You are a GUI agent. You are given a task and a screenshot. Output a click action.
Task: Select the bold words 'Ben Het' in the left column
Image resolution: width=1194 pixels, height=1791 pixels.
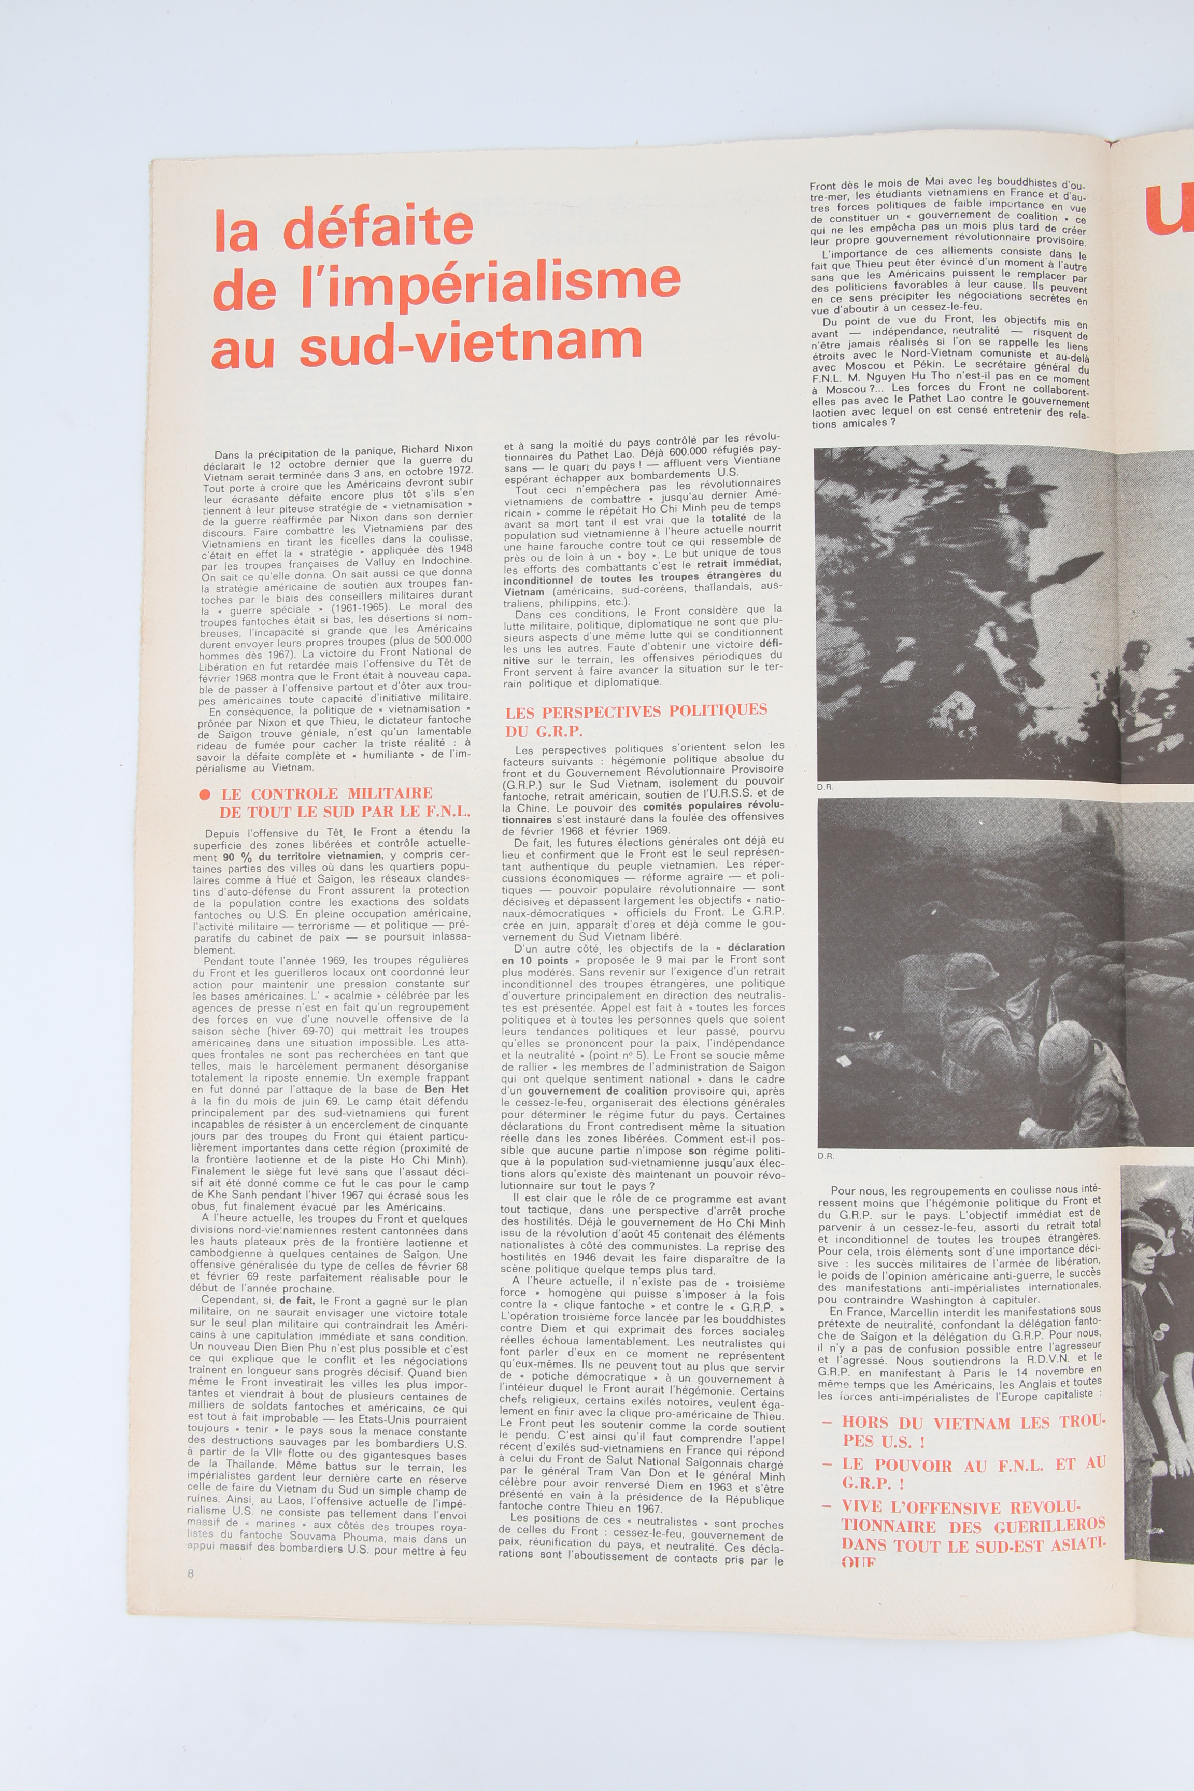point(446,1089)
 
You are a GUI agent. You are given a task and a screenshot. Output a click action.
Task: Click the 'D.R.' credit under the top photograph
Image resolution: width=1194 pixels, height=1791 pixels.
point(825,787)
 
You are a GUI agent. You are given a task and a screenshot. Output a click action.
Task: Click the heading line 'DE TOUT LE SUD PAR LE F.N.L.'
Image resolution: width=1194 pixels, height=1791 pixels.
point(344,812)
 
